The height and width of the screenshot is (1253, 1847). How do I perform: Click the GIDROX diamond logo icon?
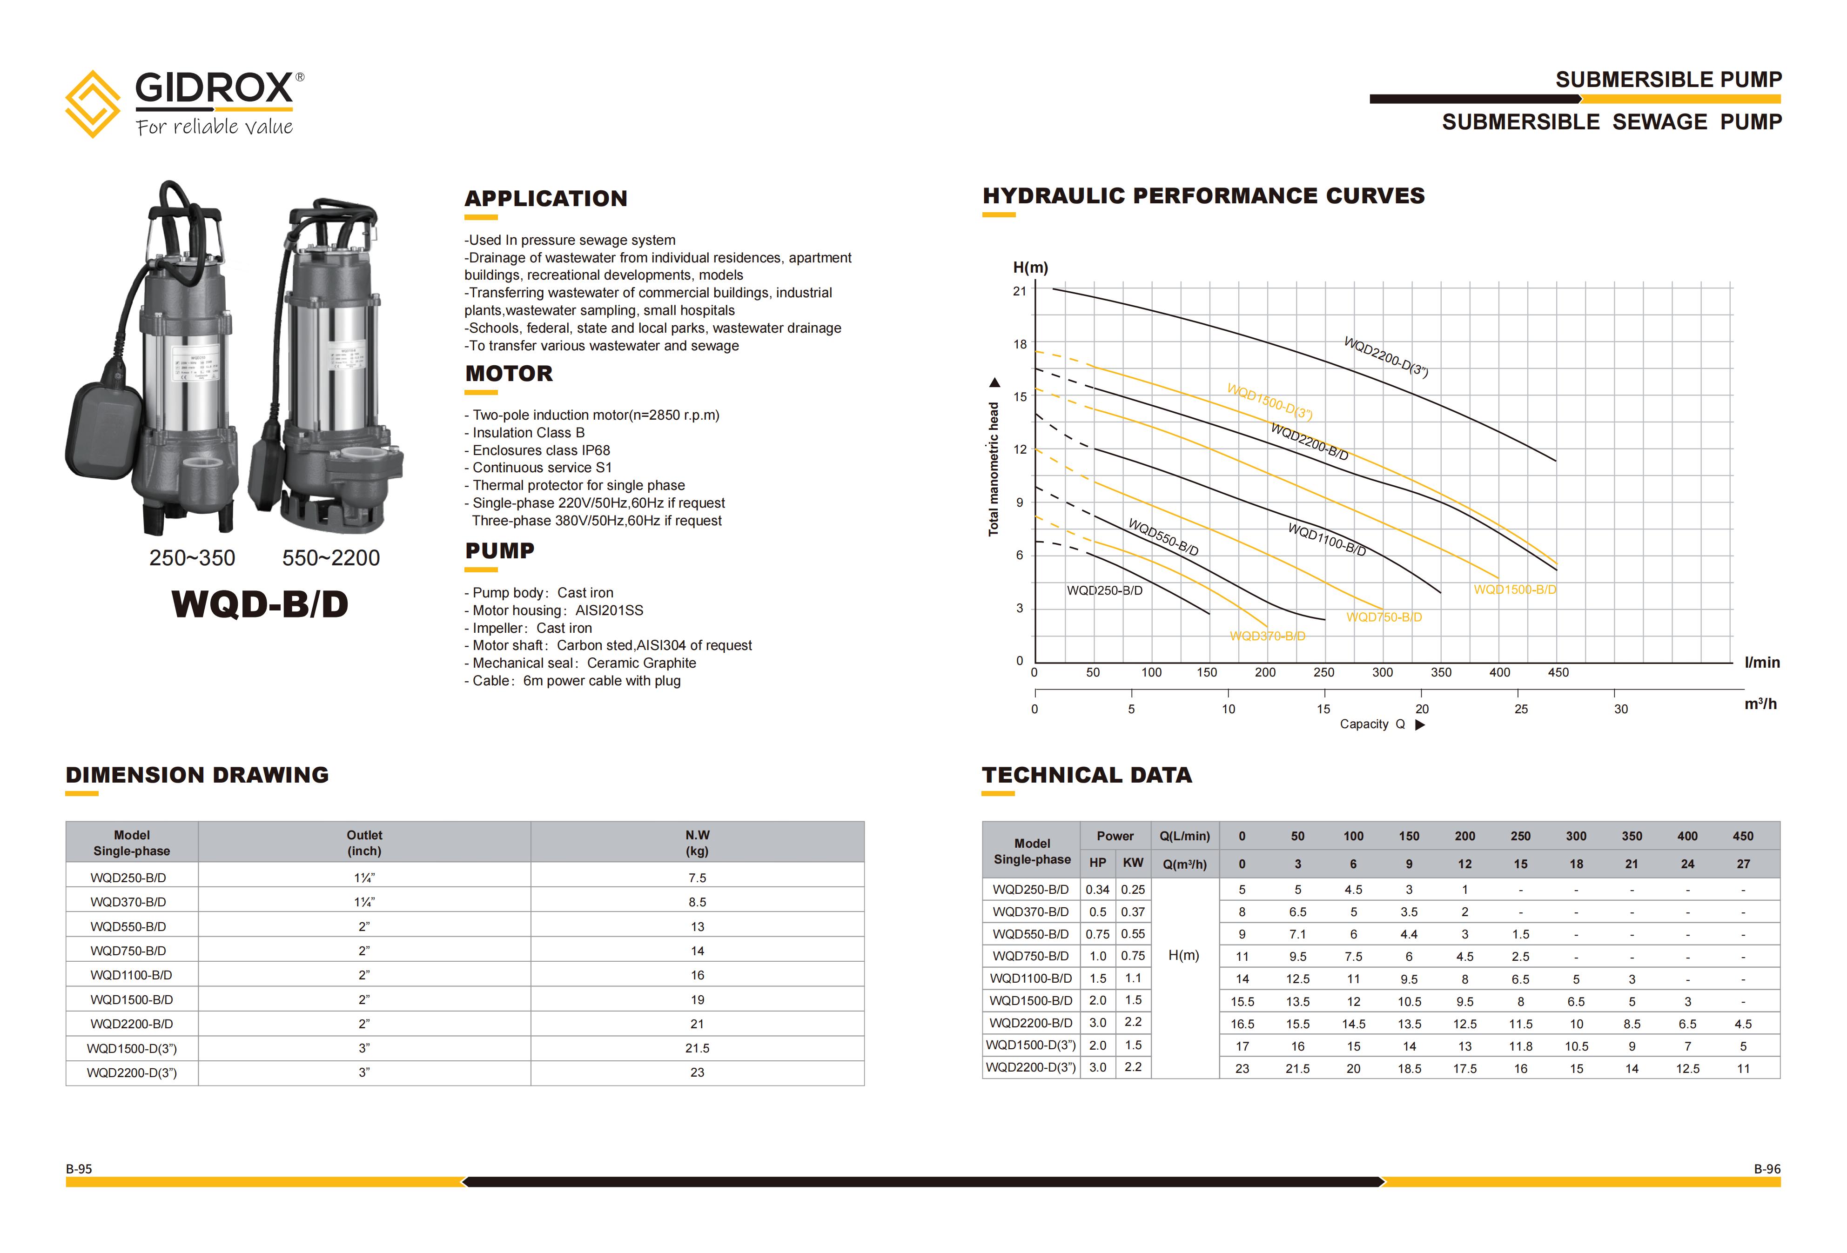92,104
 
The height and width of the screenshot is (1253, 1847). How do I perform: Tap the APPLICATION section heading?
546,199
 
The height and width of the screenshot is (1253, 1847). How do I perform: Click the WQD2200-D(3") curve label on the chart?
1385,357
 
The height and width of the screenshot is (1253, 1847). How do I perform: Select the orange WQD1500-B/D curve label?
1515,590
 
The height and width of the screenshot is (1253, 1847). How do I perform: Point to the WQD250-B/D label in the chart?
1104,590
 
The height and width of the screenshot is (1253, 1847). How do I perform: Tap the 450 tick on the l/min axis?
1558,672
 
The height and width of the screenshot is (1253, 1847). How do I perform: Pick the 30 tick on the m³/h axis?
1620,709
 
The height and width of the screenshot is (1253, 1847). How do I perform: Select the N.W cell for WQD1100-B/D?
697,975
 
